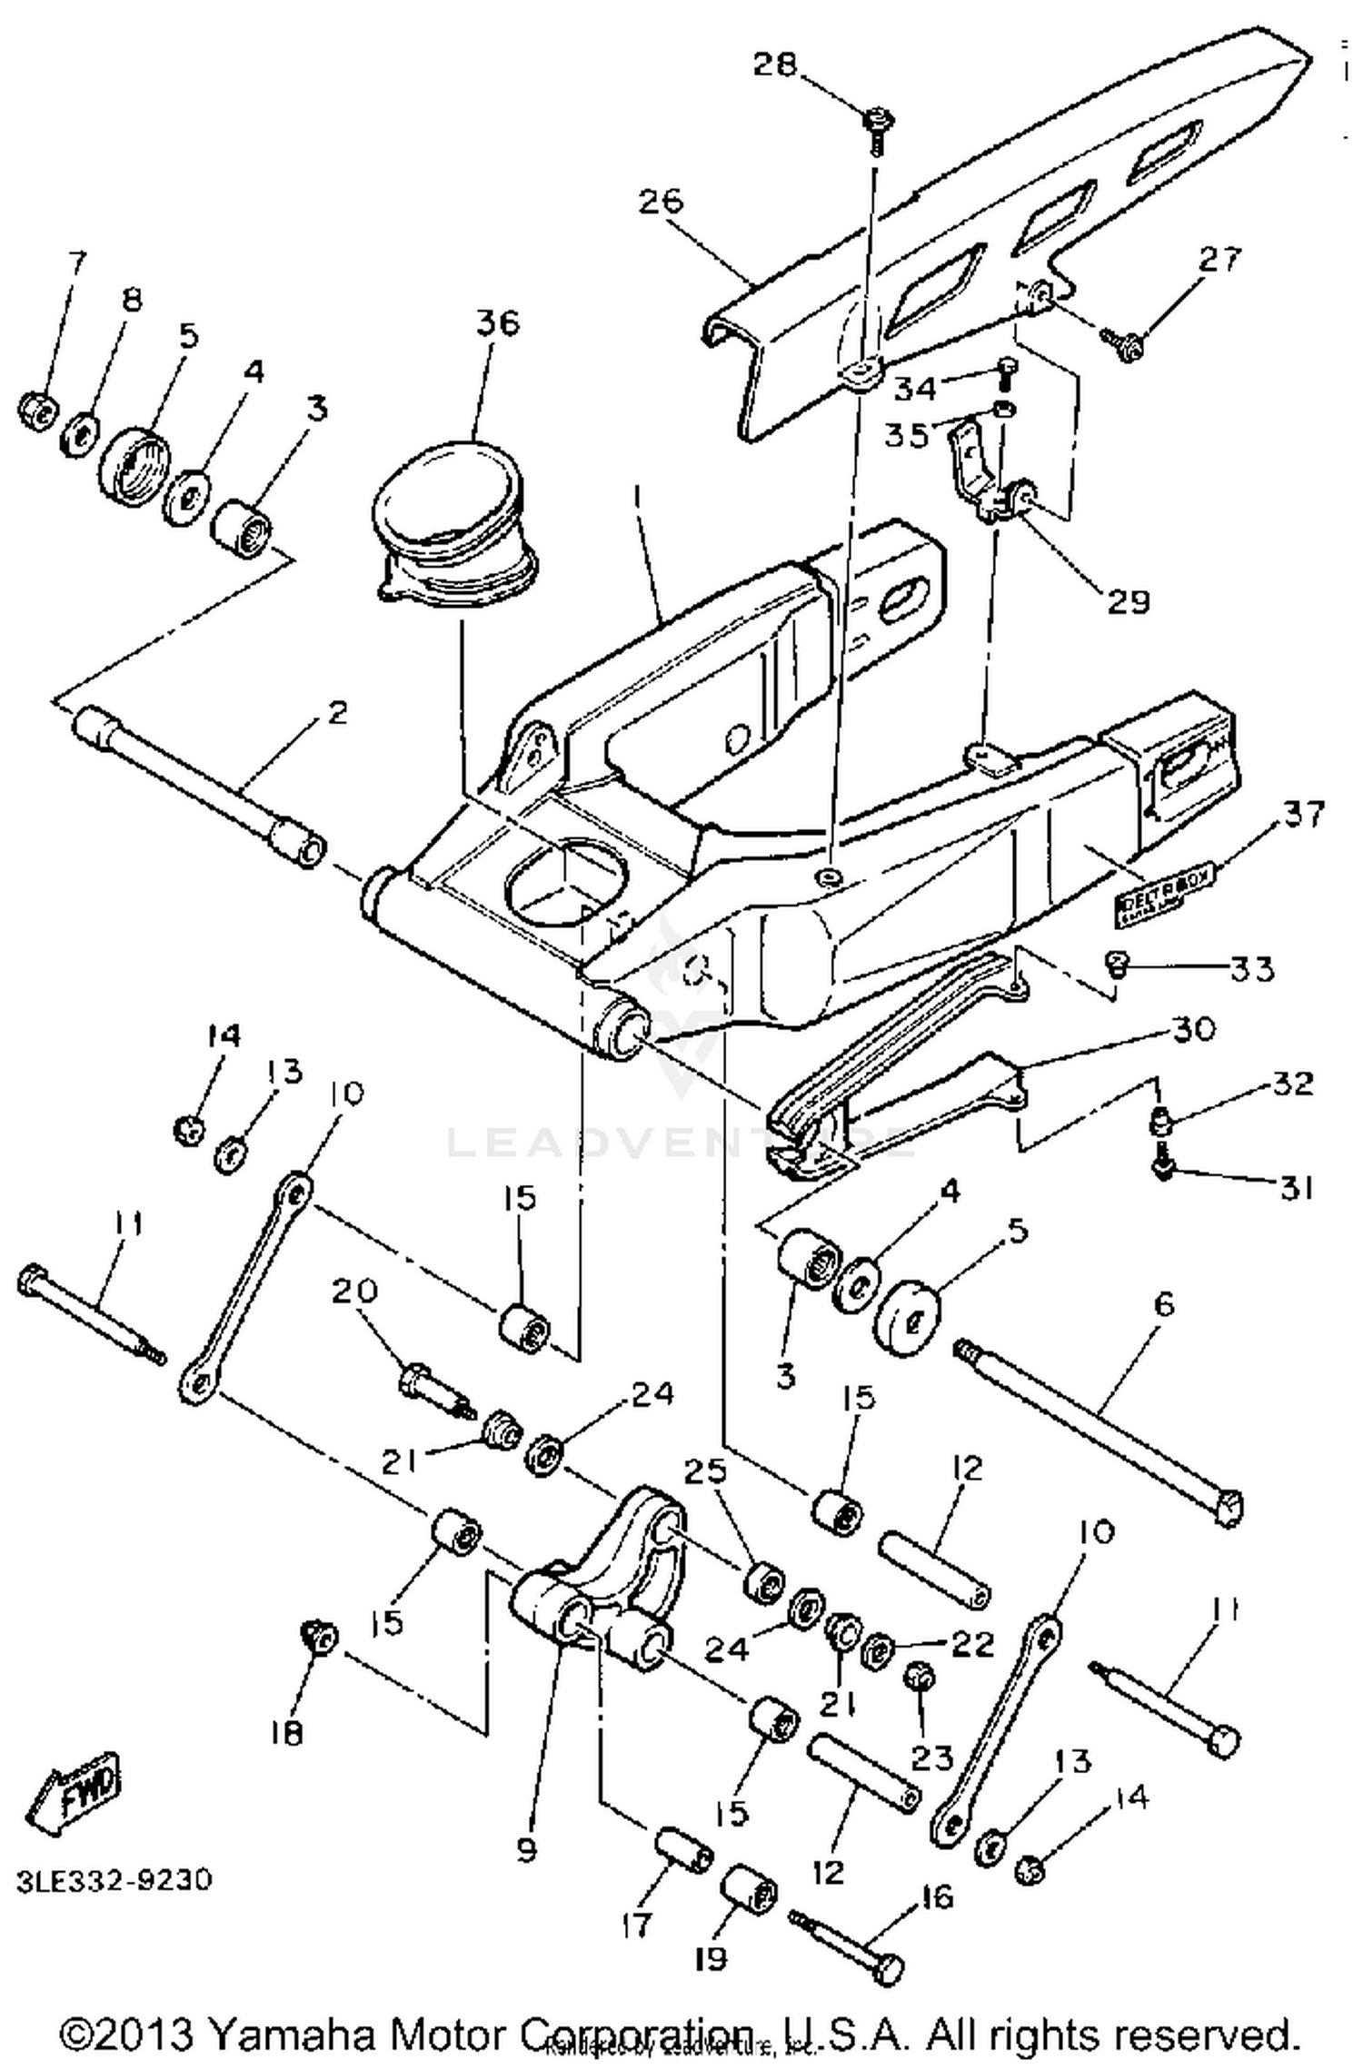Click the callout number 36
496,322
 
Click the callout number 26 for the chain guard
661,200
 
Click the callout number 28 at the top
774,65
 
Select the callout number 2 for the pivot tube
337,712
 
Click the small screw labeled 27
1125,342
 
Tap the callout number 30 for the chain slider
1194,1029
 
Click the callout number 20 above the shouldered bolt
354,1291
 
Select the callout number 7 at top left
78,262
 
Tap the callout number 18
287,1734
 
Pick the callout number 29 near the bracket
1129,601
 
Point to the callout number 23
932,1757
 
